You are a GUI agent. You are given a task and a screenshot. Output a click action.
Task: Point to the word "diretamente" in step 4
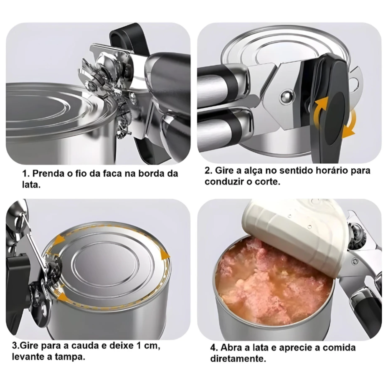[x=238, y=358]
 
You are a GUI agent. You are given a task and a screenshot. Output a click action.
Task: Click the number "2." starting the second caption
[x=208, y=170]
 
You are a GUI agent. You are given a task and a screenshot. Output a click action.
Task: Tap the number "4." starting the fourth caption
[x=214, y=347]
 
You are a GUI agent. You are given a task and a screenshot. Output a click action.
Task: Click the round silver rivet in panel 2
[x=287, y=96]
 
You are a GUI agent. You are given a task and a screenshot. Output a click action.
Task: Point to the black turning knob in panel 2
[x=332, y=107]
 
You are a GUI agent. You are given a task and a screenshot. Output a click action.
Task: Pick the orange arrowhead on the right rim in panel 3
[x=165, y=254]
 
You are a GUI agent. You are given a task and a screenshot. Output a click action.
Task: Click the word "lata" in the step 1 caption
[x=31, y=185]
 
